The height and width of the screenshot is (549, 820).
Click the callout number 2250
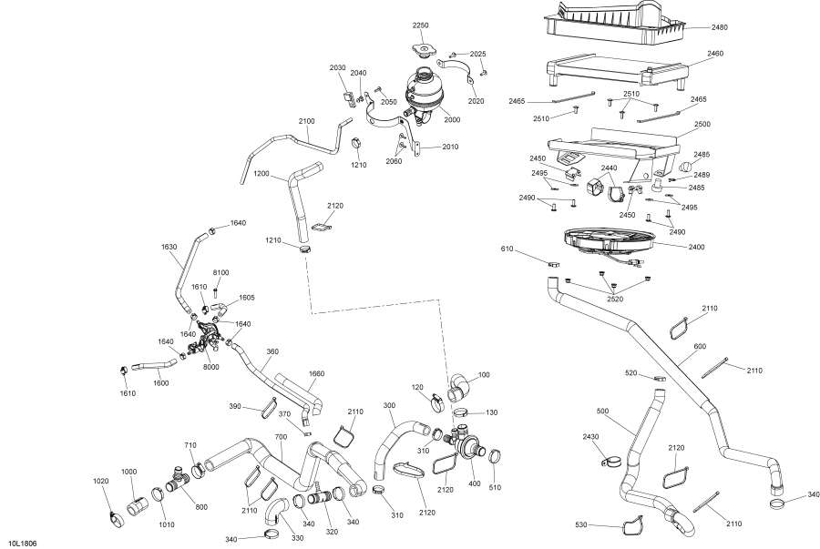(x=419, y=25)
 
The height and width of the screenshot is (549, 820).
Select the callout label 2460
(x=714, y=54)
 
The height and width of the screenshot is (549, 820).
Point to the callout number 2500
(x=702, y=124)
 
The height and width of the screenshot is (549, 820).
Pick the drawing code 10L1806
(x=22, y=543)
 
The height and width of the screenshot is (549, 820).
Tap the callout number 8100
(x=220, y=272)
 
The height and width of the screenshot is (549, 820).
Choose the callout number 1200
(x=261, y=173)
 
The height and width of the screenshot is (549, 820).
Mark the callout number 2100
(x=305, y=121)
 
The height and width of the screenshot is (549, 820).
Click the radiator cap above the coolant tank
(x=420, y=49)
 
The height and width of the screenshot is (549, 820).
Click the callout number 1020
(x=101, y=480)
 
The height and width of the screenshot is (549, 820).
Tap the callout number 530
(x=605, y=526)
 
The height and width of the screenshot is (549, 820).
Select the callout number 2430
(x=590, y=438)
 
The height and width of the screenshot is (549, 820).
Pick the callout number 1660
(x=316, y=373)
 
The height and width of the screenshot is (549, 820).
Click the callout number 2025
(x=478, y=55)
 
